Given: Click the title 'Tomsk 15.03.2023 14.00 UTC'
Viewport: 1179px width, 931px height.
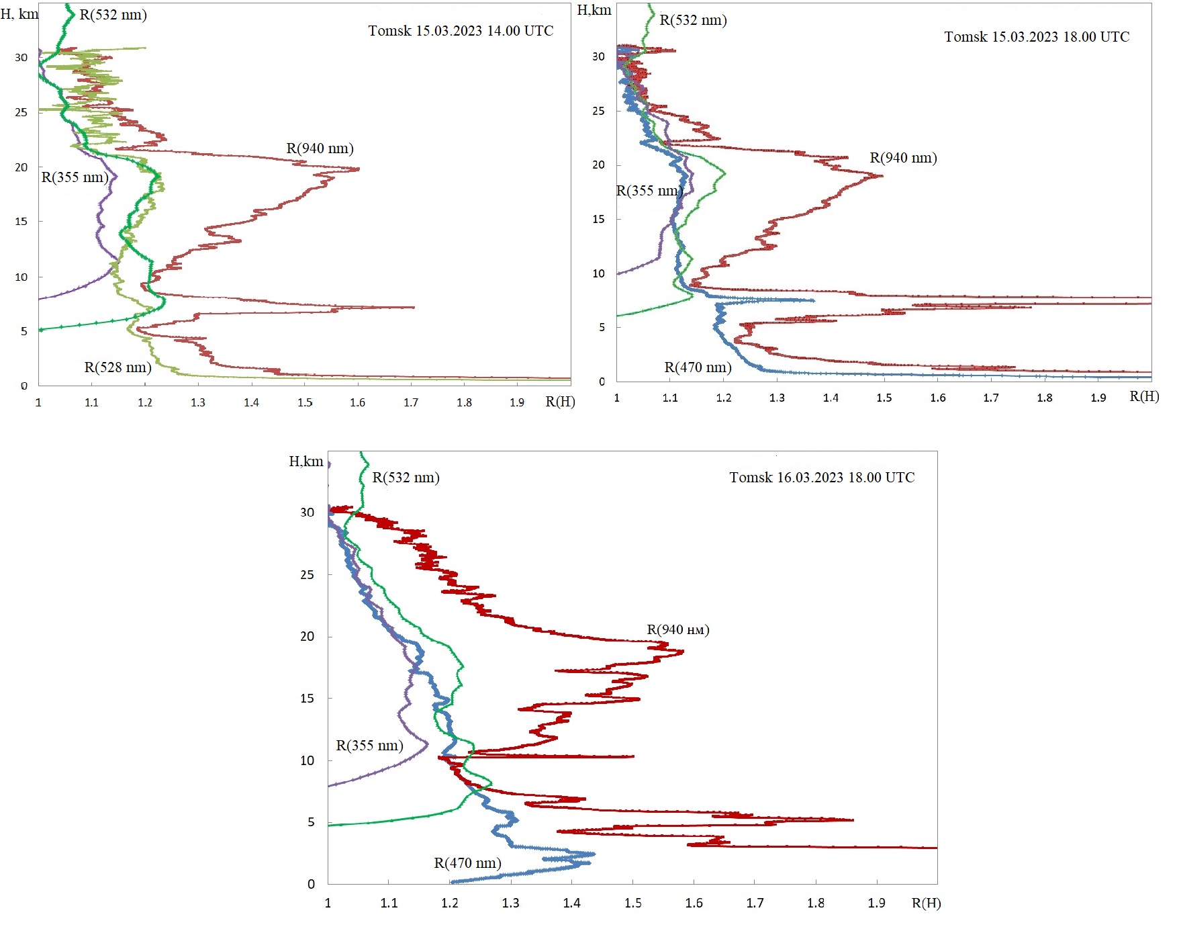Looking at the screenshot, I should (461, 31).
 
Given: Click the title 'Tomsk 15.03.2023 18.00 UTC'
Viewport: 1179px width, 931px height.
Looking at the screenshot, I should (1037, 37).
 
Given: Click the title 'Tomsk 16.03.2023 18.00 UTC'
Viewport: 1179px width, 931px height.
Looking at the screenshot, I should (822, 478).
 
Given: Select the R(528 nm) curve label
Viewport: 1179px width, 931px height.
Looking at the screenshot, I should (117, 367).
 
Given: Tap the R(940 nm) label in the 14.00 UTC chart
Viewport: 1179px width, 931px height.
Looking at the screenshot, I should (320, 148).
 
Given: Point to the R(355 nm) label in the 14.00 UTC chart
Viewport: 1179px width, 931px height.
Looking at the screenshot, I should (75, 177).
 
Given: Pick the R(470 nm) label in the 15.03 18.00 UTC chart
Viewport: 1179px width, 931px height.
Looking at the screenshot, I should (698, 367).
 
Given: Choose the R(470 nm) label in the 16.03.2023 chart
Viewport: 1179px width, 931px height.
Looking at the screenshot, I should (467, 863).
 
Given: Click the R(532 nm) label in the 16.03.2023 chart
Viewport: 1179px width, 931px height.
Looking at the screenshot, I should (406, 478).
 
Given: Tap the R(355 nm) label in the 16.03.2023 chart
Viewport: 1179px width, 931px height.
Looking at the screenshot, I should (369, 746).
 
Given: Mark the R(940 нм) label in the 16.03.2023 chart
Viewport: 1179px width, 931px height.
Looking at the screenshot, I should (678, 629).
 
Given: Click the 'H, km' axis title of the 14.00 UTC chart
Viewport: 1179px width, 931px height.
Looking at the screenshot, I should (19, 13).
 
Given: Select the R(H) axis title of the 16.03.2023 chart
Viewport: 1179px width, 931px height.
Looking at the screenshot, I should (926, 903).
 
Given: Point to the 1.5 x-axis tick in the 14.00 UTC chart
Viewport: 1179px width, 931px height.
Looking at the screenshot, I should (305, 402).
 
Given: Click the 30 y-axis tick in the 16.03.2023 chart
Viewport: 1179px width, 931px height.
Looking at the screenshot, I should (307, 513).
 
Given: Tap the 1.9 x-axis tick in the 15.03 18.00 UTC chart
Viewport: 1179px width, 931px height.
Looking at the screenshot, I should (1098, 398).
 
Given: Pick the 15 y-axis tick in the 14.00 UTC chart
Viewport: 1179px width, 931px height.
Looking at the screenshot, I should (21, 222).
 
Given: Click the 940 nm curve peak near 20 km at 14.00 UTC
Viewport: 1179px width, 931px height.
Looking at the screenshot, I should (359, 169).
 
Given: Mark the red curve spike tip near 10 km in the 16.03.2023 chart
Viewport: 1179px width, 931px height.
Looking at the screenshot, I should (633, 756).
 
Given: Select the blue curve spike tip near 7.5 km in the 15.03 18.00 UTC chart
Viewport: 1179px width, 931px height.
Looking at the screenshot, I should (814, 300).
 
